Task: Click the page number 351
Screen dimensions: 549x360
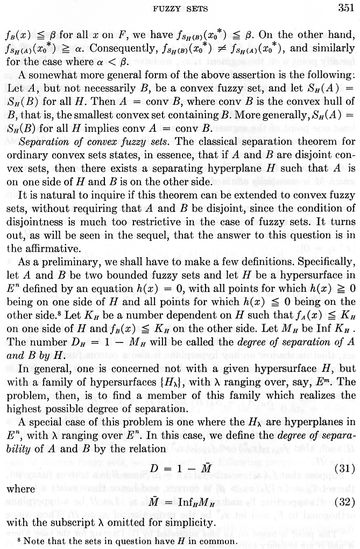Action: click(342, 8)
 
